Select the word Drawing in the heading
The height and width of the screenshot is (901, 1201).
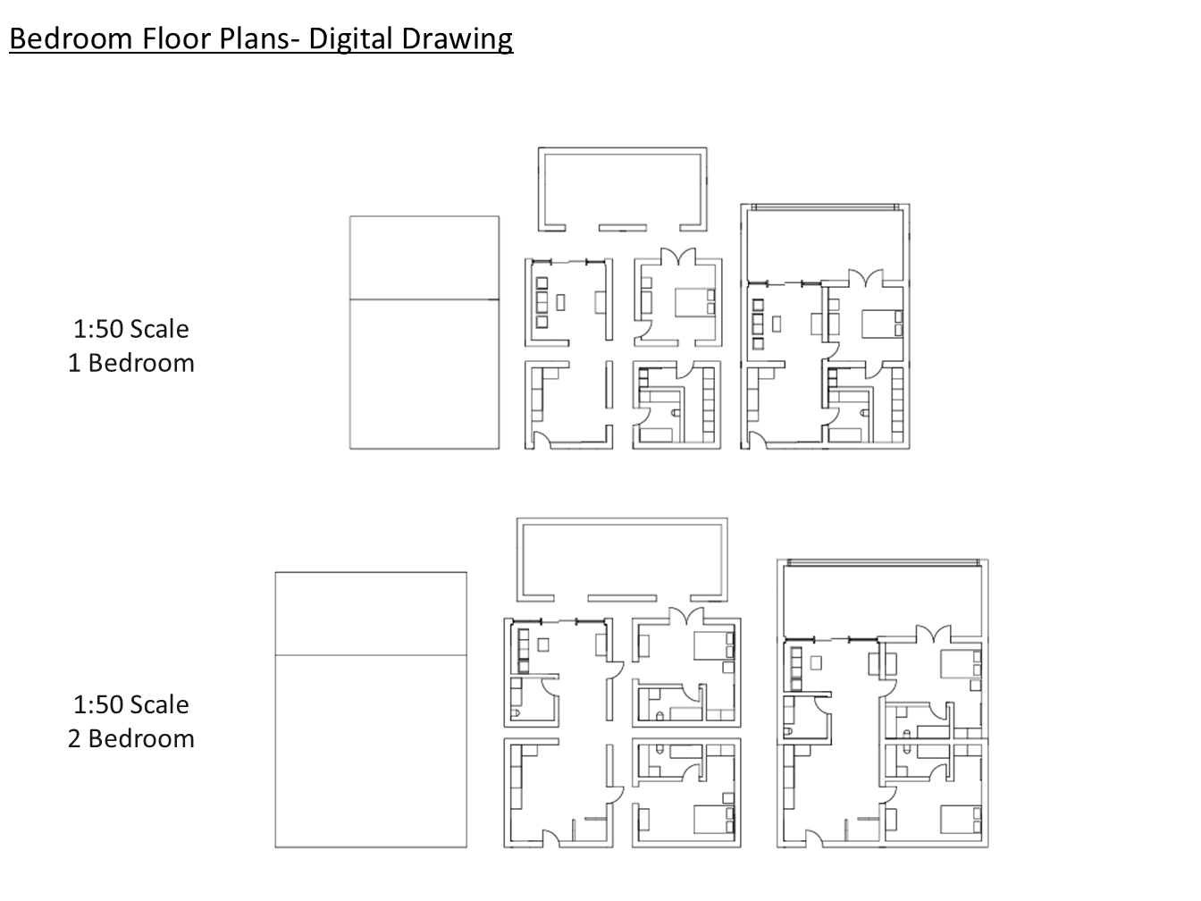[457, 39]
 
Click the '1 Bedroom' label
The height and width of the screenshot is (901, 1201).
[131, 363]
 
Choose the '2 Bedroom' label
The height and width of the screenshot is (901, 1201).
[131, 738]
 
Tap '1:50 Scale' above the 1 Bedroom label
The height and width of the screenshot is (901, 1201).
[131, 329]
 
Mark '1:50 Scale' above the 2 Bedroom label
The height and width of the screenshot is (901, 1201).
[131, 704]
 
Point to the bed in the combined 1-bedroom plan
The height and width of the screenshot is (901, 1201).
[882, 324]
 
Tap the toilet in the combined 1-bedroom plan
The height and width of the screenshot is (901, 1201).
[864, 413]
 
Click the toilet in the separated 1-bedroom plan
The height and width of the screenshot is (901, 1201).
[676, 413]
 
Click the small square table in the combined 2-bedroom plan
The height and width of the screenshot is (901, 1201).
[816, 663]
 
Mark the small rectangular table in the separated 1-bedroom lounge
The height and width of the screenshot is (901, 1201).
[560, 302]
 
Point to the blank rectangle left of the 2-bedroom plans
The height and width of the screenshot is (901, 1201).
[371, 710]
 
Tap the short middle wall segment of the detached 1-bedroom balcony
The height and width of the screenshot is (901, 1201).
[622, 228]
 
